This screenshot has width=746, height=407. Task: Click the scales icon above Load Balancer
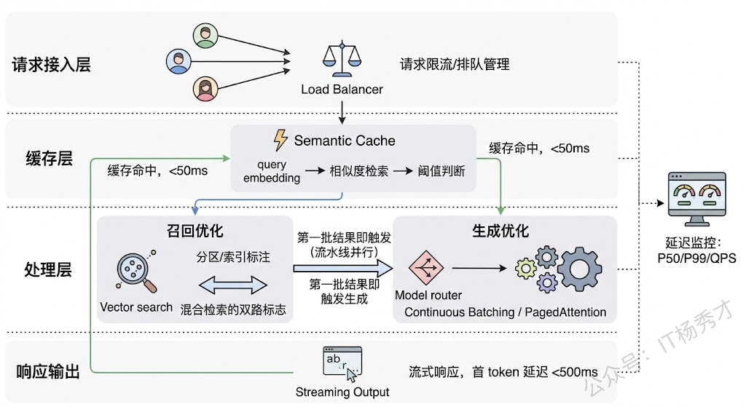click(x=342, y=62)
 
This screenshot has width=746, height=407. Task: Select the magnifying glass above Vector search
click(x=135, y=272)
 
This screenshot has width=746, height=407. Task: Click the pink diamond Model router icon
click(x=423, y=268)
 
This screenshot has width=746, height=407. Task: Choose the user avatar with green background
click(x=206, y=36)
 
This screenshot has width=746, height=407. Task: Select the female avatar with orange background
click(x=206, y=89)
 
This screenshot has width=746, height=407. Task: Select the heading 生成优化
click(x=500, y=231)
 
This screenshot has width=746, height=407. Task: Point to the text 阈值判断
click(x=441, y=172)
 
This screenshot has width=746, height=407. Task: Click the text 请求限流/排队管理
click(x=455, y=64)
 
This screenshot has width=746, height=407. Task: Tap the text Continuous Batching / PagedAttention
click(x=505, y=312)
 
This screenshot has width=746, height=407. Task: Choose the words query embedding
click(x=272, y=172)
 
